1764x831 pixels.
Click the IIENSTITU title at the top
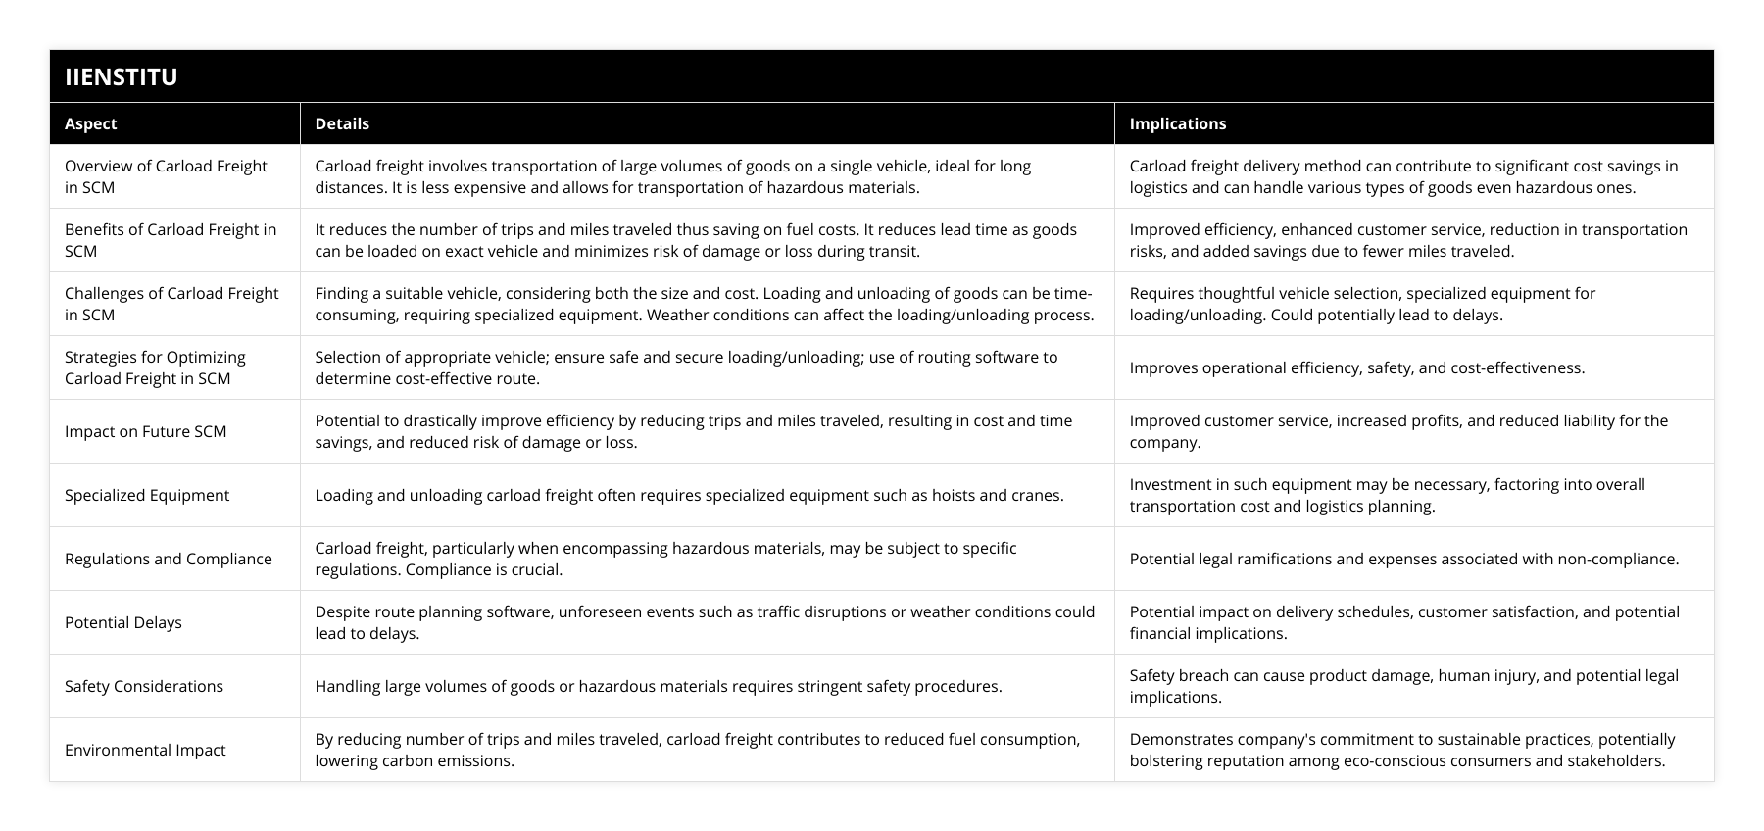point(121,76)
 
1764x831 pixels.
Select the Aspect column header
point(90,123)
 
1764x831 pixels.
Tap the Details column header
point(342,123)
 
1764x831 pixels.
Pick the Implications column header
point(1177,123)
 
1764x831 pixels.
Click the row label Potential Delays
point(123,622)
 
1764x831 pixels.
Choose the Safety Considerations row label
point(144,686)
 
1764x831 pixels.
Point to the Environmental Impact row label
point(145,750)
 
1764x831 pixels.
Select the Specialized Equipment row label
point(147,495)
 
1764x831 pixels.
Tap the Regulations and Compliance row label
point(169,559)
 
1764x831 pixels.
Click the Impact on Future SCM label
point(145,431)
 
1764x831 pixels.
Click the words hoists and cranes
point(1002,495)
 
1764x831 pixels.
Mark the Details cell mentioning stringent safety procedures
point(658,686)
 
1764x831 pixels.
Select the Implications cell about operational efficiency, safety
point(1356,367)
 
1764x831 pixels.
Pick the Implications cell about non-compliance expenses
point(1403,559)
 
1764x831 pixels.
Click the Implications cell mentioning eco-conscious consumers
point(1401,750)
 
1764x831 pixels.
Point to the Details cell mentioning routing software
point(686,367)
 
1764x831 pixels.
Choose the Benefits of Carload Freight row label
point(171,240)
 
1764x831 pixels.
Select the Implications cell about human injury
point(1403,686)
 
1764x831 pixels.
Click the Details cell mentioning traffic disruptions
point(704,622)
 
